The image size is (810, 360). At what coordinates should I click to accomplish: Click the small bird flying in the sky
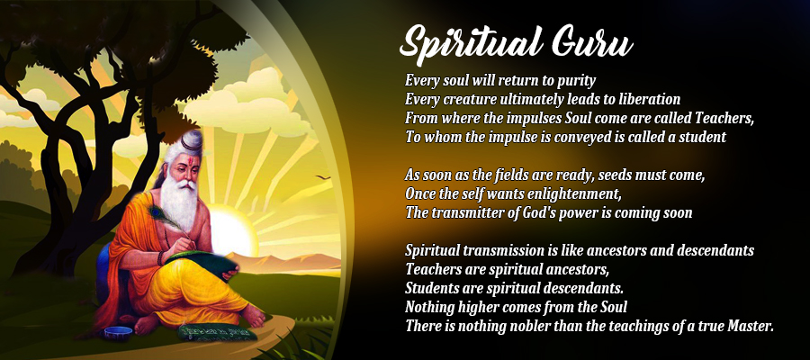coord(323,177)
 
